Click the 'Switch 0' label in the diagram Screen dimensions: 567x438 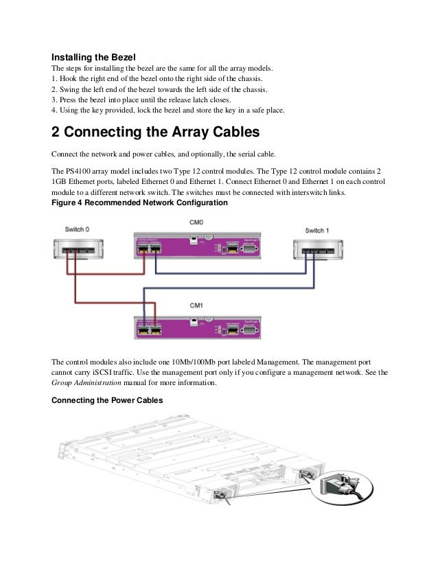76,229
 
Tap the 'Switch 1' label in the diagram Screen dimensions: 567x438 316,230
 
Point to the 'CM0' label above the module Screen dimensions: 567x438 196,222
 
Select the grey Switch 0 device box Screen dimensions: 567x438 76,249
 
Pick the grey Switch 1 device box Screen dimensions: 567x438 316,251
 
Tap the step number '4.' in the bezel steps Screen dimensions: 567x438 56,111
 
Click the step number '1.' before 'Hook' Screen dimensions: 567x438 56,80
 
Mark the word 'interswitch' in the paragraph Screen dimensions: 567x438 306,193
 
